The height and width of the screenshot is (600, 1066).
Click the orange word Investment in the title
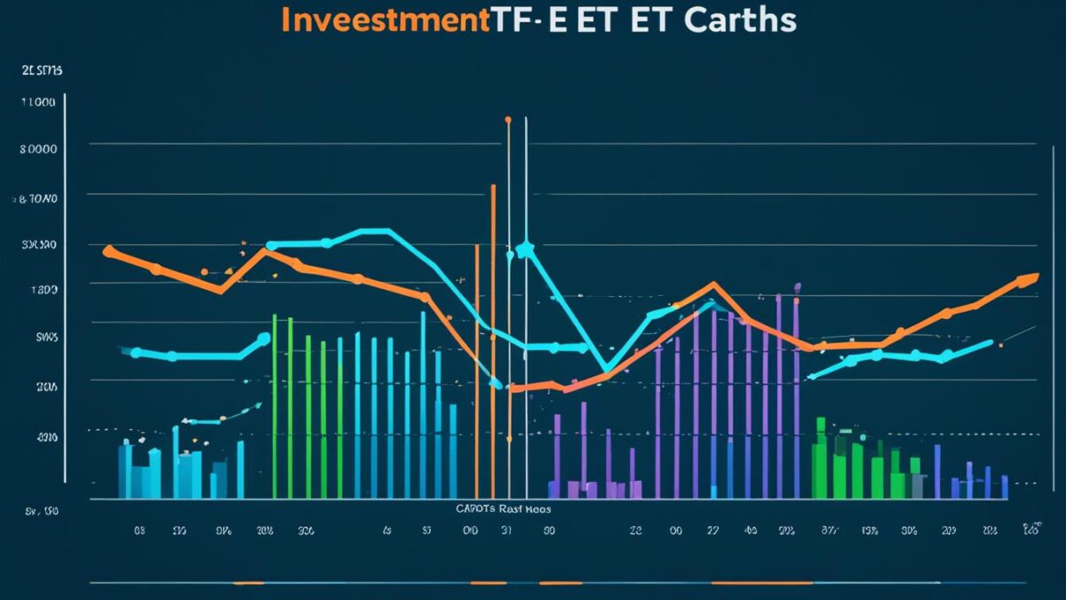tap(385, 20)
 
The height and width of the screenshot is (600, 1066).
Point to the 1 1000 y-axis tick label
tap(37, 102)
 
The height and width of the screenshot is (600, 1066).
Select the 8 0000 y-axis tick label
tap(38, 149)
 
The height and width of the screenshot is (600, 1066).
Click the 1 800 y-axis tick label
tap(44, 290)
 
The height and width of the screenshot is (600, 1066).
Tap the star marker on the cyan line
tap(524, 250)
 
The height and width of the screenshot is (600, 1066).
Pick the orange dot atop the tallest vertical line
tap(508, 118)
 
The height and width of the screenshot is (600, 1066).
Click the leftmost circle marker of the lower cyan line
tap(136, 353)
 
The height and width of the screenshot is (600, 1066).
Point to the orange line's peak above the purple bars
tap(712, 285)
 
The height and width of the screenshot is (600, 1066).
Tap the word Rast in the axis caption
tap(513, 509)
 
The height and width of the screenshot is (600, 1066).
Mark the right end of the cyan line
tap(990, 342)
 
